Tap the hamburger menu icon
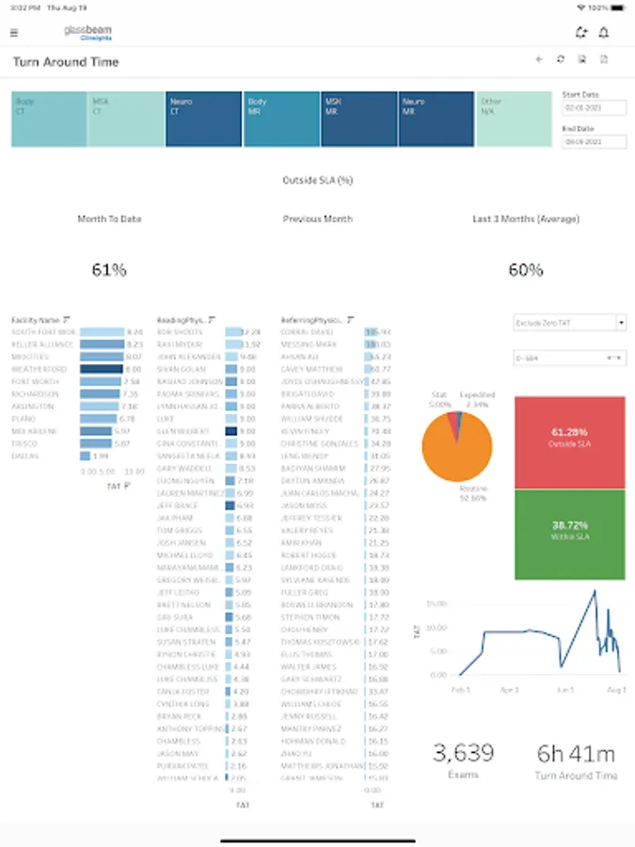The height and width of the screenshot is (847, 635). click(x=13, y=33)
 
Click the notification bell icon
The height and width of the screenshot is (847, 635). click(x=604, y=33)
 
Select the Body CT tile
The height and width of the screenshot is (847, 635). click(x=49, y=119)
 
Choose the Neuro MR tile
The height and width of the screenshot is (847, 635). click(x=437, y=119)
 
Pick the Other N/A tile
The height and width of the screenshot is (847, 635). click(x=514, y=119)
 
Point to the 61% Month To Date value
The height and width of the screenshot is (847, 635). click(x=109, y=270)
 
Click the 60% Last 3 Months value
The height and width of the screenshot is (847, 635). click(x=525, y=270)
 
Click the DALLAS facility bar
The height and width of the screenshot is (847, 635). click(x=87, y=455)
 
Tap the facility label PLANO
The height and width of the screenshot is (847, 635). click(x=21, y=419)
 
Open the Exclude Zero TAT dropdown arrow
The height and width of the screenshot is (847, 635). click(x=621, y=323)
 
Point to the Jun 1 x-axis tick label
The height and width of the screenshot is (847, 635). click(x=565, y=690)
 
